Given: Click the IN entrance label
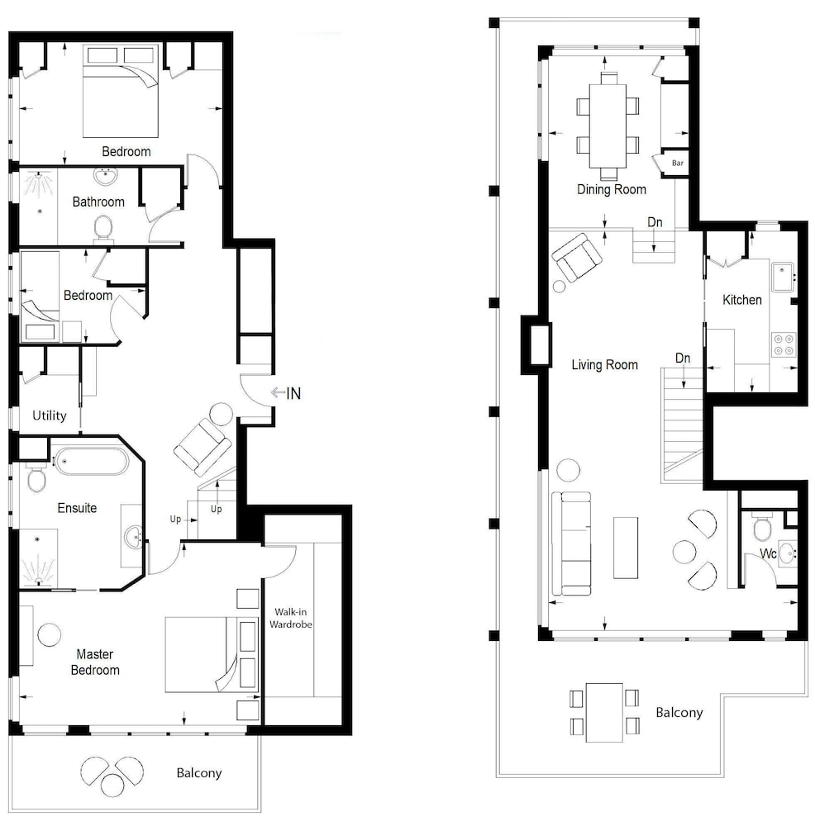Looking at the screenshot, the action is tap(293, 393).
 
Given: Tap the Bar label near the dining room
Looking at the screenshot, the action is tap(678, 164).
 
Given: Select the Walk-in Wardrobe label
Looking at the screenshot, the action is tap(290, 618).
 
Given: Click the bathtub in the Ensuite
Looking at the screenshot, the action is tap(92, 462).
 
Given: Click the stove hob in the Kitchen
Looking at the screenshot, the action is tap(784, 345).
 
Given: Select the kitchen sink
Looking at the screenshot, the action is tap(783, 277).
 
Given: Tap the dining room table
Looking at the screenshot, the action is tap(608, 126).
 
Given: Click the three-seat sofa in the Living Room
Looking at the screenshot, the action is tap(571, 544).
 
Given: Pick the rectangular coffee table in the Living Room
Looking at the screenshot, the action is tap(626, 548).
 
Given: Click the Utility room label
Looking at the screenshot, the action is tap(50, 415).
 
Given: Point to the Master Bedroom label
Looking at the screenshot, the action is tap(95, 662).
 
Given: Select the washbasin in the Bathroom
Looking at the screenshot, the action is tap(106, 177).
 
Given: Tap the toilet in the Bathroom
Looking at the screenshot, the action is tap(103, 230).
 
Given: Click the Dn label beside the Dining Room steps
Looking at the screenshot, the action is tap(655, 222).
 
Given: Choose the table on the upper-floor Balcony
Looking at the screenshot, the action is tap(605, 713).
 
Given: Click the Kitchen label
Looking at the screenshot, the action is tap(742, 300).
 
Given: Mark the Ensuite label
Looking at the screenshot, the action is tap(77, 508).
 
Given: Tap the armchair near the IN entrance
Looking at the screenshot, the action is tap(203, 447).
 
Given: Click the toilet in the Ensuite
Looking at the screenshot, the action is tap(36, 478).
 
